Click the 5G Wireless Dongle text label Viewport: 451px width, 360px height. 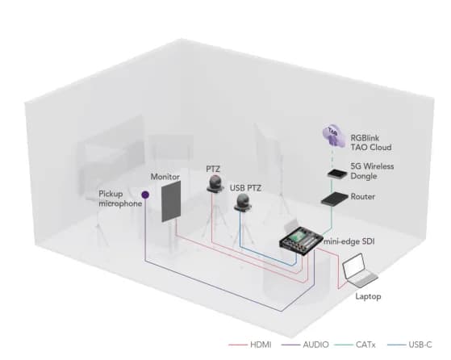coord(373,172)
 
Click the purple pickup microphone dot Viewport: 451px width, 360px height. coord(145,195)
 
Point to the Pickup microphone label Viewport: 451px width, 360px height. coord(121,199)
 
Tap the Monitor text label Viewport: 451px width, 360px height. coord(165,175)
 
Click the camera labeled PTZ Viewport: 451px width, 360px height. coord(215,185)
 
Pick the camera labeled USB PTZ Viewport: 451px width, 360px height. coord(243,206)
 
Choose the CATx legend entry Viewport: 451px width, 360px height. coord(360,344)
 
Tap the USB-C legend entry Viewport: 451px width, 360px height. coord(414,344)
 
